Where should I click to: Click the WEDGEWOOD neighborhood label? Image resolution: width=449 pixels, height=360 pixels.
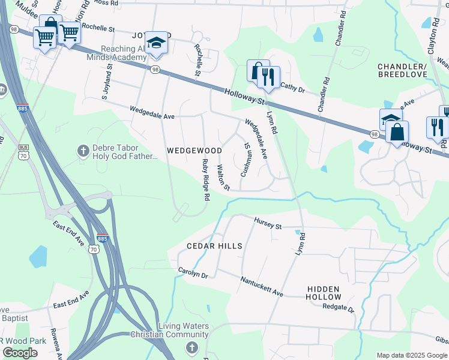pos(194,150)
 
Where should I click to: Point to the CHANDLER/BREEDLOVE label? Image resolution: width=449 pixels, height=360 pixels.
pos(402,70)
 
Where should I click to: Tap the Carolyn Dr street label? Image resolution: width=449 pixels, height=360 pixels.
pos(193,272)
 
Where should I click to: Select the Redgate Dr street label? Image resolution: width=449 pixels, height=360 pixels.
pos(339,308)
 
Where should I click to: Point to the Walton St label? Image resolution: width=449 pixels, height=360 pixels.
pos(223,178)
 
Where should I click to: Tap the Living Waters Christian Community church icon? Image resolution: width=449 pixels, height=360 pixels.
pos(191,347)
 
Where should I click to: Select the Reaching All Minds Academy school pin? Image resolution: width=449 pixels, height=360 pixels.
pos(156,43)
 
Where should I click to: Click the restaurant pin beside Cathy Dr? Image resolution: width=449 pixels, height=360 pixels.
pos(268,77)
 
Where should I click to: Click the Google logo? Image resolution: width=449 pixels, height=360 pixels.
pos(20,353)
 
